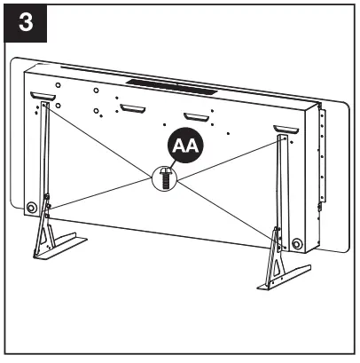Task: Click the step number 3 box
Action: (x=25, y=23)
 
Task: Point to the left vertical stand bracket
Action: (x=42, y=160)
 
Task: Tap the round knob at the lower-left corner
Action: (x=32, y=207)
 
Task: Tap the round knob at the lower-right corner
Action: (x=296, y=243)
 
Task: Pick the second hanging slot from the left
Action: (x=131, y=109)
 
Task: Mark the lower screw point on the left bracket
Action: (x=48, y=209)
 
